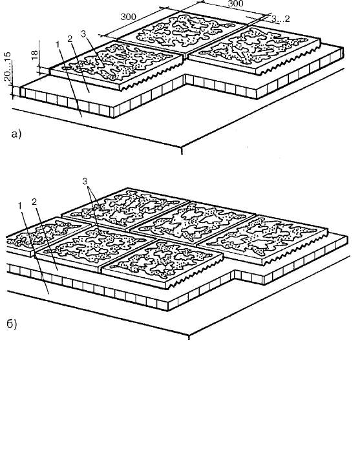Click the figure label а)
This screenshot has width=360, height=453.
pyautogui.click(x=16, y=134)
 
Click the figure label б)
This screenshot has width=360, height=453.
pyautogui.click(x=12, y=324)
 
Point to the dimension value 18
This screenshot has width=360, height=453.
pyautogui.click(x=34, y=55)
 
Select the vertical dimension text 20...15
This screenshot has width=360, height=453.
pyautogui.click(x=8, y=67)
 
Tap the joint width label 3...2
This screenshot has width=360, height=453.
pyautogui.click(x=281, y=19)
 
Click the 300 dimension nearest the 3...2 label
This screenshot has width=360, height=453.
pyautogui.click(x=235, y=3)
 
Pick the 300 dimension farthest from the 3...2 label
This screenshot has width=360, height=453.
pyautogui.click(x=128, y=17)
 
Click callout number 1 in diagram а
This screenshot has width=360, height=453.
pyautogui.click(x=58, y=45)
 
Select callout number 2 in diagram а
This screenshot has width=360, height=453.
pyautogui.click(x=70, y=38)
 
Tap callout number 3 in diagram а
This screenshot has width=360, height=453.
pyautogui.click(x=83, y=34)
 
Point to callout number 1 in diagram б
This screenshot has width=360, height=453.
pyautogui.click(x=20, y=205)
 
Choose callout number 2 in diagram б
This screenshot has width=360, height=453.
pyautogui.click(x=34, y=202)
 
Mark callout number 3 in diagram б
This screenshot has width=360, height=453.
pyautogui.click(x=85, y=182)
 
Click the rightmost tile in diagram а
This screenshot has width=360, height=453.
pyautogui.click(x=254, y=50)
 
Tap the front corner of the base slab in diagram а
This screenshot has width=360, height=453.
pyautogui.click(x=182, y=148)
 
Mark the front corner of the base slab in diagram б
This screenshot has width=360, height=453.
pyautogui.click(x=189, y=337)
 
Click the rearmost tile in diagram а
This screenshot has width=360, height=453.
pyautogui.click(x=183, y=31)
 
